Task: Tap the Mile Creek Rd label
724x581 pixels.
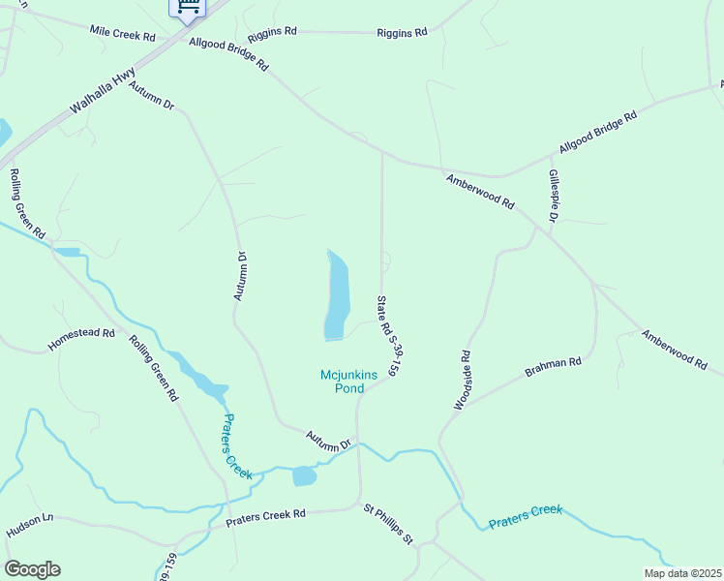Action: coord(122,35)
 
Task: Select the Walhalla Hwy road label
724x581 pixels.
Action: coord(103,99)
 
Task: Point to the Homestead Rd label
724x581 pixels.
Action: coord(81,339)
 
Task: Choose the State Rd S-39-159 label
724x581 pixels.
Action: coord(388,334)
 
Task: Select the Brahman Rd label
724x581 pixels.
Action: coord(553,367)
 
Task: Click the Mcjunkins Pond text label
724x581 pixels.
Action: coord(343,382)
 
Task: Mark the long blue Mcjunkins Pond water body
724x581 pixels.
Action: coord(336,295)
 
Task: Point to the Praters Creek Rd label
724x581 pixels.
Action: coord(265,518)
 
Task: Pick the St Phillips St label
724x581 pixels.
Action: coord(388,523)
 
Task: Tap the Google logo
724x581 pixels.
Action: coord(32,568)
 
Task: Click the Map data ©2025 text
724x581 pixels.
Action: coord(681,573)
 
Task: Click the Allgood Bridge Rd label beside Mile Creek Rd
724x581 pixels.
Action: coord(228,54)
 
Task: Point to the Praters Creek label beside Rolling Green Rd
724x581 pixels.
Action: coord(237,446)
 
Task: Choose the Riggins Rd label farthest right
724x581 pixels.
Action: coord(402,33)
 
